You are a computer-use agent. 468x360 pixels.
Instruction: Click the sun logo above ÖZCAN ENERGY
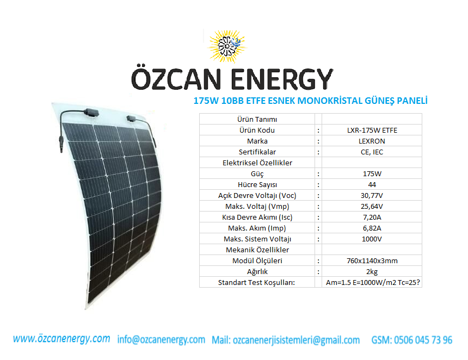(x=227, y=46)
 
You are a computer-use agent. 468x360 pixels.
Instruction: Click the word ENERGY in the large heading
(x=282, y=79)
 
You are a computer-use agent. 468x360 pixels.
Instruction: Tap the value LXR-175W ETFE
(x=372, y=131)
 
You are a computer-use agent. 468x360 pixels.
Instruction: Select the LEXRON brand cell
(x=372, y=141)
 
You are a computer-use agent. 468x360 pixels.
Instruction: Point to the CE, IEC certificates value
(x=372, y=152)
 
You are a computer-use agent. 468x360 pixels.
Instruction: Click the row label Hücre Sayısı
(x=257, y=185)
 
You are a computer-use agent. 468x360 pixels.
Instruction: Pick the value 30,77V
(x=372, y=196)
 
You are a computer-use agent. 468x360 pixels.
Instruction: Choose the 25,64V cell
(x=372, y=207)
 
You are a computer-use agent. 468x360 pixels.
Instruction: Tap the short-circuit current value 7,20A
(x=372, y=218)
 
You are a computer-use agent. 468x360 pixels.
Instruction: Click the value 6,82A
(x=372, y=228)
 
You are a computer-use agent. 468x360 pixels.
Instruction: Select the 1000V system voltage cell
(x=372, y=239)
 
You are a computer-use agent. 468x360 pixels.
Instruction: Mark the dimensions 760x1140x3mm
(x=372, y=260)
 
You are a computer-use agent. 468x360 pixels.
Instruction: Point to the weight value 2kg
(x=372, y=272)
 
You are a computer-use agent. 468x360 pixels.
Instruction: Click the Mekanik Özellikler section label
(x=257, y=250)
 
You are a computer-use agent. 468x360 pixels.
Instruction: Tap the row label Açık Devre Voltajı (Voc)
(x=257, y=196)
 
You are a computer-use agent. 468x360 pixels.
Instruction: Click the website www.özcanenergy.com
(x=61, y=339)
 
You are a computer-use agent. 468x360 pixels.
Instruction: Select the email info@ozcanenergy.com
(x=161, y=339)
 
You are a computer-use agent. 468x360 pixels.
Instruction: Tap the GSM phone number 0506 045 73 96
(x=423, y=340)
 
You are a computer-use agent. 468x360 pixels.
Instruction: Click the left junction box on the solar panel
(x=91, y=113)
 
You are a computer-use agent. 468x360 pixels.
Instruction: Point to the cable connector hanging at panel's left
(x=61, y=144)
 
